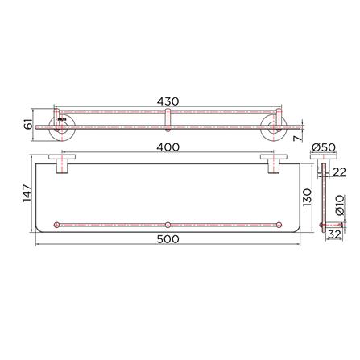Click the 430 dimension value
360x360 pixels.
coord(167,101)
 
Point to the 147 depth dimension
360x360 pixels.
coord(27,194)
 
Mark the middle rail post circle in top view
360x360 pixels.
coord(165,223)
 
